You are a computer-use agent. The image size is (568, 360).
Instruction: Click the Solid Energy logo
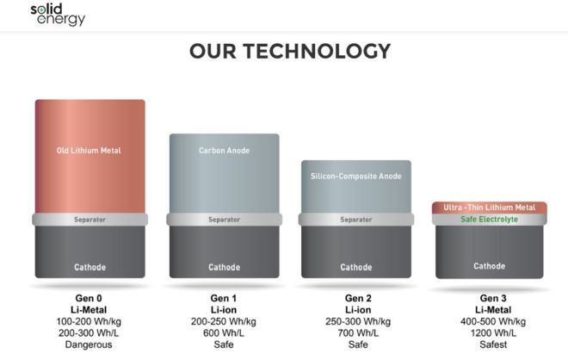coord(58,15)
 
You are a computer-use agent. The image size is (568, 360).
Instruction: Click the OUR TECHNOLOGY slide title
coord(290,51)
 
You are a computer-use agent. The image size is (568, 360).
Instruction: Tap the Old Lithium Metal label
coord(89,151)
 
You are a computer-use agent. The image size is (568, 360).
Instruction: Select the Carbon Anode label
coord(225,151)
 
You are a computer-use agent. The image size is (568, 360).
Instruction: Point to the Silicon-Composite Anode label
coord(356,177)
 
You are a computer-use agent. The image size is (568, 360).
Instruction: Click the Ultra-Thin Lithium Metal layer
coord(490,208)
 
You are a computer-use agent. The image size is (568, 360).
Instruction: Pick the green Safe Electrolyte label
coord(490,220)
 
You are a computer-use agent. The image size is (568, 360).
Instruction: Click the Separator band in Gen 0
coord(90,220)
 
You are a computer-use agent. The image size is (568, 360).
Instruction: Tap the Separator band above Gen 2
coord(356,220)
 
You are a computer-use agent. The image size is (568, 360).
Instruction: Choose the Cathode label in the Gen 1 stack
coord(225,267)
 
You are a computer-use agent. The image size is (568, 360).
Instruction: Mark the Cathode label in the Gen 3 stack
coord(490,266)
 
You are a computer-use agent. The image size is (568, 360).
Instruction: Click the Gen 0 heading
coord(89,298)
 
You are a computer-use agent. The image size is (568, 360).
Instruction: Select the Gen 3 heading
coord(493,298)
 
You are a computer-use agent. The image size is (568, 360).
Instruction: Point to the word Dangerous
coord(89,344)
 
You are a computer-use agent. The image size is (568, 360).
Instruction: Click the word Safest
coord(493,344)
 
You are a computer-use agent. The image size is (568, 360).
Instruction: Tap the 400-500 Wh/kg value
coord(493,321)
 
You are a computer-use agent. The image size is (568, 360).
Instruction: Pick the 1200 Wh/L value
coord(493,332)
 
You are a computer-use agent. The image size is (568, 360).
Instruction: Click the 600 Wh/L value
coord(224,332)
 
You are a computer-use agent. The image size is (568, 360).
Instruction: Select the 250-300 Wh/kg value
coord(358,321)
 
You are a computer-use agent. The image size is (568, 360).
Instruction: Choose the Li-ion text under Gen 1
coord(224,310)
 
